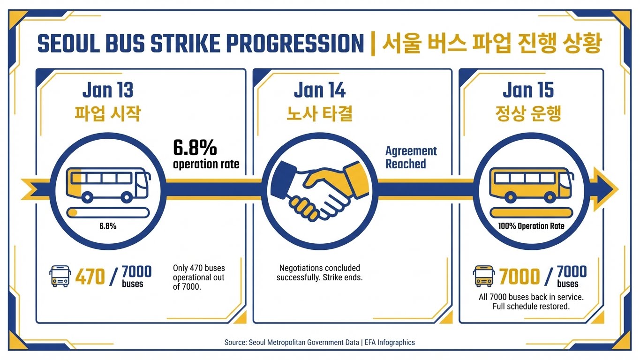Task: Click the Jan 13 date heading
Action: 108,90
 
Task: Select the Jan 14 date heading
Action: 320,90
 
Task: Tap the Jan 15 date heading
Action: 528,90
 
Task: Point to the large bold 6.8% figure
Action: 195,148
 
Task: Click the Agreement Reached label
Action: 411,157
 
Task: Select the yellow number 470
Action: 90,277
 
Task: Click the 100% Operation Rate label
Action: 531,226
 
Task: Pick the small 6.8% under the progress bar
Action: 108,226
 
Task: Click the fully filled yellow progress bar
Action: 531,213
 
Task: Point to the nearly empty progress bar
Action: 108,213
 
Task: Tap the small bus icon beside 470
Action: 60,276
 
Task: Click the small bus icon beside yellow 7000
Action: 484,276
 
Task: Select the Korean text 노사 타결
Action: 320,113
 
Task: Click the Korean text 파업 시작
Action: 108,113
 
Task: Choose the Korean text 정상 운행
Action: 528,113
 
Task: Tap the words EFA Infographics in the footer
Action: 390,342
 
